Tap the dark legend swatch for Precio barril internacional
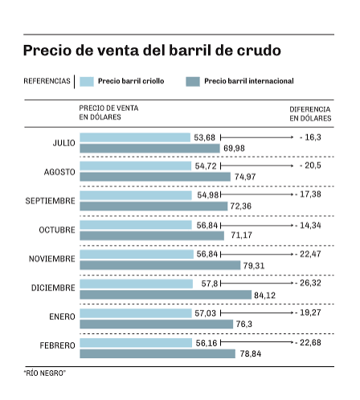192,81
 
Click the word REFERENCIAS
47,81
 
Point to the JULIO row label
64,143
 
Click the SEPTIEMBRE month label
51,200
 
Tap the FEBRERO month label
57,346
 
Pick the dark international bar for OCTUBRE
153,235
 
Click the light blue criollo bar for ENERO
136,313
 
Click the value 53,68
204,137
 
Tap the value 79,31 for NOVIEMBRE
254,265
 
